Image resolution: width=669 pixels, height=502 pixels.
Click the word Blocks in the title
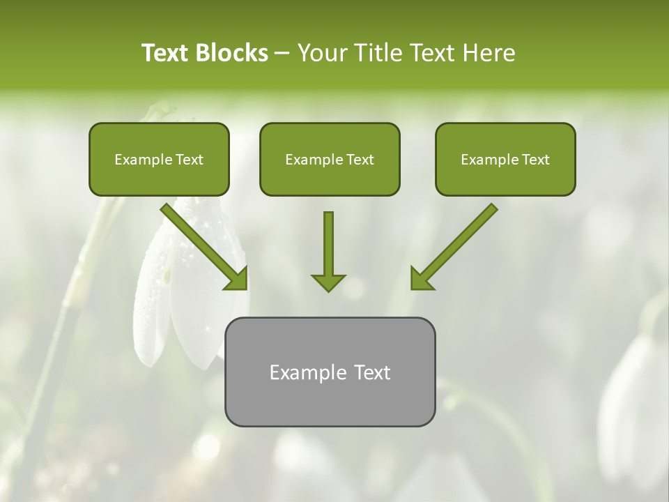pyautogui.click(x=233, y=53)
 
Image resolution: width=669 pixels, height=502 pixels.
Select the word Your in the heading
pyautogui.click(x=321, y=53)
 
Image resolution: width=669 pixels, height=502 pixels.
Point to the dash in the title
pyautogui.click(x=282, y=54)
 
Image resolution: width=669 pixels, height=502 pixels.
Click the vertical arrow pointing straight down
pyautogui.click(x=328, y=248)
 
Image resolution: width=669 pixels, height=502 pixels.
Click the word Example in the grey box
pyautogui.click(x=301, y=372)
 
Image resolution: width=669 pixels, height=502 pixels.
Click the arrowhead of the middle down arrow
pyautogui.click(x=328, y=282)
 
